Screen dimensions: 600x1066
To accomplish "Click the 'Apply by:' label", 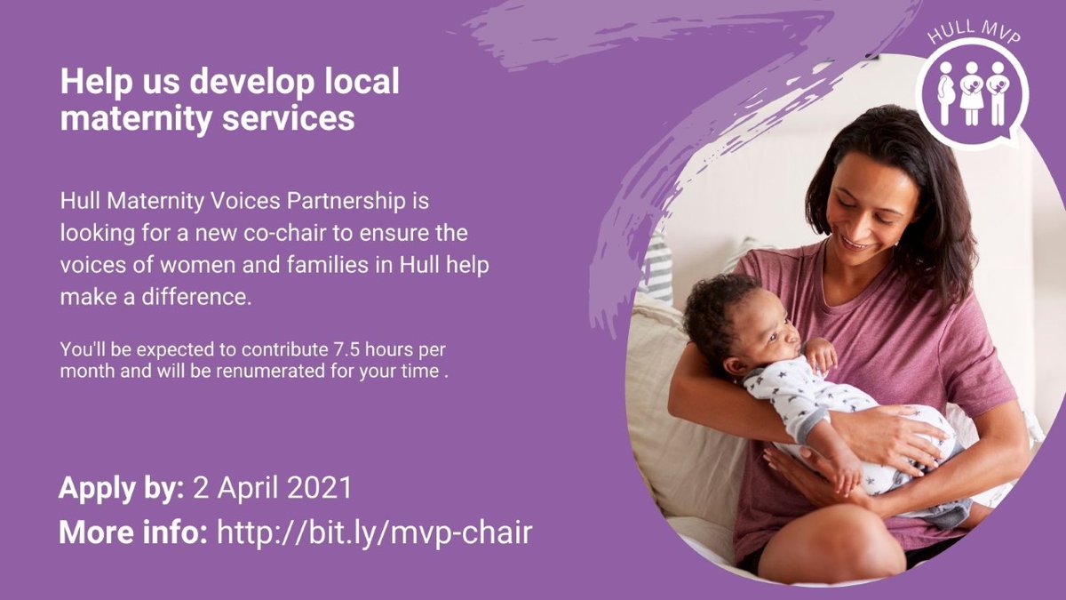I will [x=122, y=488].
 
